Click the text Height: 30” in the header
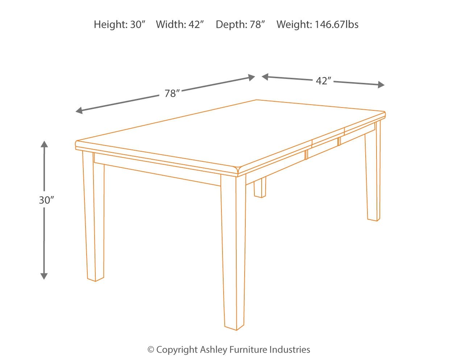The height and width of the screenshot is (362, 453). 119,25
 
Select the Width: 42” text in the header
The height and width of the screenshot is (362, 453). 180,25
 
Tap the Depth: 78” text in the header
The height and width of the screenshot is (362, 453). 240,25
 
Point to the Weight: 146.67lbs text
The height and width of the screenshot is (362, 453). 317,25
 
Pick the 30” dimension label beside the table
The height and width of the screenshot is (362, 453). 46,200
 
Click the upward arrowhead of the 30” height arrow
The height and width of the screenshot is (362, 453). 44,144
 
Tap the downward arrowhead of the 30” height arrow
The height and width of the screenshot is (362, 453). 44,276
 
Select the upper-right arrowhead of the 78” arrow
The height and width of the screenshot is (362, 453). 252,77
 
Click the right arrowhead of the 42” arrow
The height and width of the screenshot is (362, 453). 381,85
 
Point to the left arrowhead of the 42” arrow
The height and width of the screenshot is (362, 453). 265,77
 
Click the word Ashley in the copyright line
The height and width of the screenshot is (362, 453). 213,350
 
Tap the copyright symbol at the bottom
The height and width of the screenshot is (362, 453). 151,350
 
